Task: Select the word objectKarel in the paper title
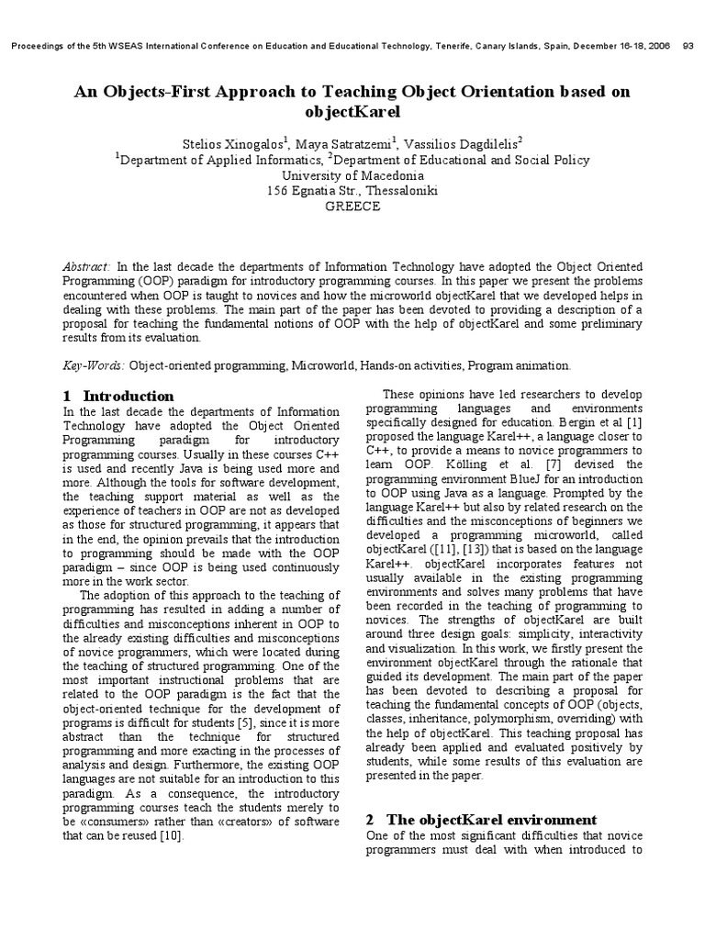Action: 352,113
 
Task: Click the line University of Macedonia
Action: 352,175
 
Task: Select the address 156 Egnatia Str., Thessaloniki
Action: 352,191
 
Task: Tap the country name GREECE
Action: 352,207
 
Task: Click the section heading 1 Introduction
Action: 118,396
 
